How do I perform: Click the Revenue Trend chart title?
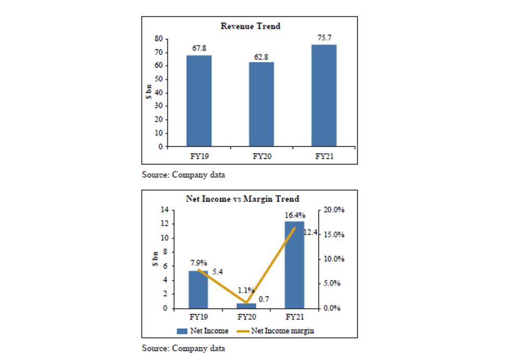click(x=250, y=26)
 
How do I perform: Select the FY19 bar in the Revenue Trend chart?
click(x=199, y=100)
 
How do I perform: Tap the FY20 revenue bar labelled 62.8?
click(x=261, y=104)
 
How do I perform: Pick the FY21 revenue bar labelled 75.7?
click(x=324, y=95)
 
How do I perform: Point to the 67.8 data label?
click(x=199, y=48)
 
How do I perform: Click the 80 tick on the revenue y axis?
click(x=159, y=39)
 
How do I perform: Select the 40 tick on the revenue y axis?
click(x=159, y=93)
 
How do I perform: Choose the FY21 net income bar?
click(x=294, y=265)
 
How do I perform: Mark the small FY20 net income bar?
click(x=247, y=306)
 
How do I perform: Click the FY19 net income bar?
click(x=198, y=290)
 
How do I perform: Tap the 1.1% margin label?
click(x=246, y=290)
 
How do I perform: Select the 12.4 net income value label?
click(x=311, y=232)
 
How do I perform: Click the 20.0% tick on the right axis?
click(x=334, y=210)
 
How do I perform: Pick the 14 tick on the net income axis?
click(x=165, y=210)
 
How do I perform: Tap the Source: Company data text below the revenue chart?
click(x=183, y=174)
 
